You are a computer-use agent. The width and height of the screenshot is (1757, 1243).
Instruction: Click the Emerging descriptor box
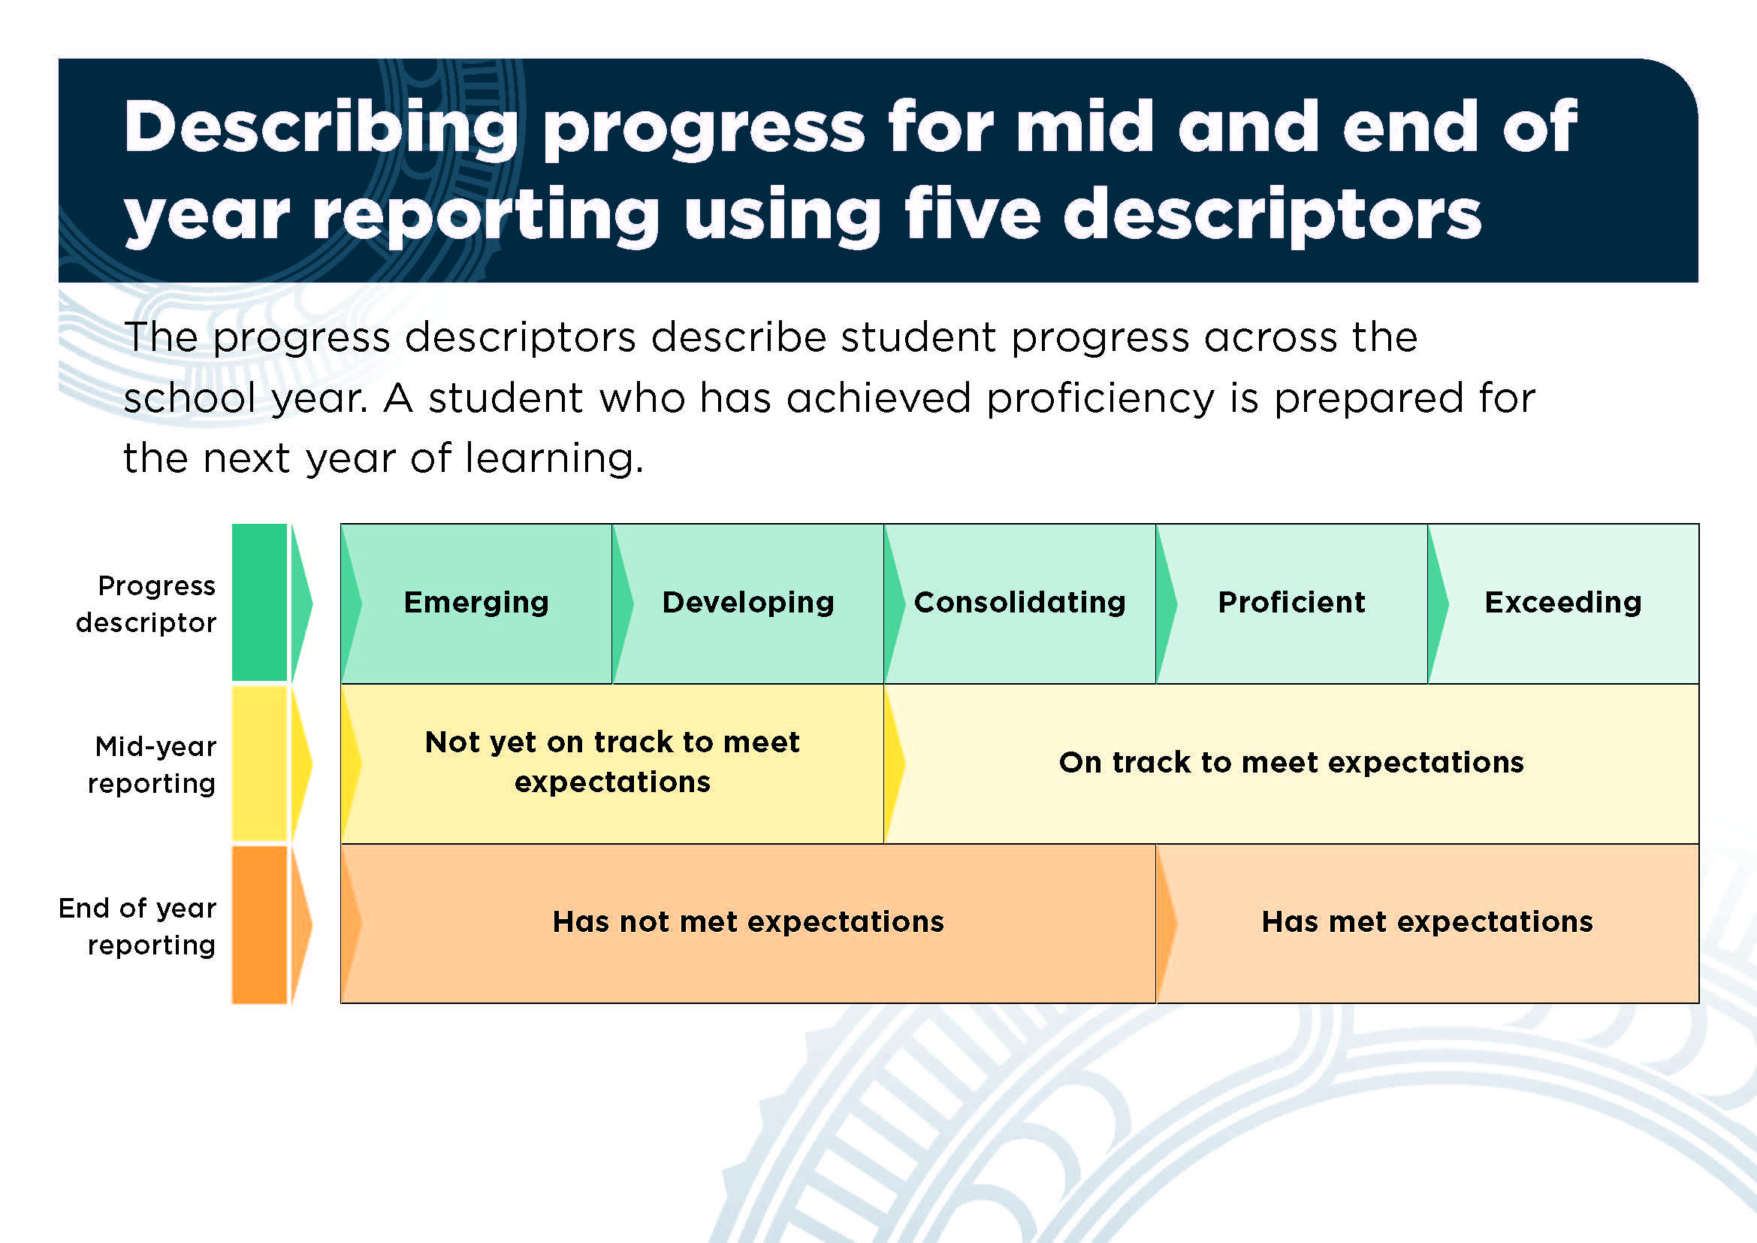(476, 603)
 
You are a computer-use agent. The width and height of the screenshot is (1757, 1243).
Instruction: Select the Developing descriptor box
(747, 603)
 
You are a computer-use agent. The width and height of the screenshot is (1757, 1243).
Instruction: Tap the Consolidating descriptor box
(1019, 603)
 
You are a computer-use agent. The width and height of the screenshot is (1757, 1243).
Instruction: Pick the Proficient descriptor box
(1292, 603)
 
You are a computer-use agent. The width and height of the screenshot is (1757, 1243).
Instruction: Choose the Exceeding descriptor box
(1563, 603)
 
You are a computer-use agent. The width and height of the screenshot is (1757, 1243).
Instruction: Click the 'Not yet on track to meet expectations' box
(612, 763)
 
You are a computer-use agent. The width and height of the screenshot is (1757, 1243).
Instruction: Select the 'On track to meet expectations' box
(1292, 763)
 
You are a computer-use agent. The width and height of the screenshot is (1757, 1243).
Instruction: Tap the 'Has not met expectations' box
(747, 923)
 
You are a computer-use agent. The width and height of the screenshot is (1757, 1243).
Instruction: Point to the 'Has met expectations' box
(1428, 923)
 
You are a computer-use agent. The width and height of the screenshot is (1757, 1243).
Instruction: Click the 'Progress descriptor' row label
(146, 604)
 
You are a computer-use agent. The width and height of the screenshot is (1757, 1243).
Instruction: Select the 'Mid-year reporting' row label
(152, 764)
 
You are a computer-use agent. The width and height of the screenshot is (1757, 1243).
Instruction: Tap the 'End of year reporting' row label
(137, 926)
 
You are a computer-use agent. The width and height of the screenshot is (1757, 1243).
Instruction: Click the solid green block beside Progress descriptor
(259, 603)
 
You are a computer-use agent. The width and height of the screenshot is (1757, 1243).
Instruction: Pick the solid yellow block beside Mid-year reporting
(259, 764)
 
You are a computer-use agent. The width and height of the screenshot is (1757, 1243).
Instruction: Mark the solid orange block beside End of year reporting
(259, 924)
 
